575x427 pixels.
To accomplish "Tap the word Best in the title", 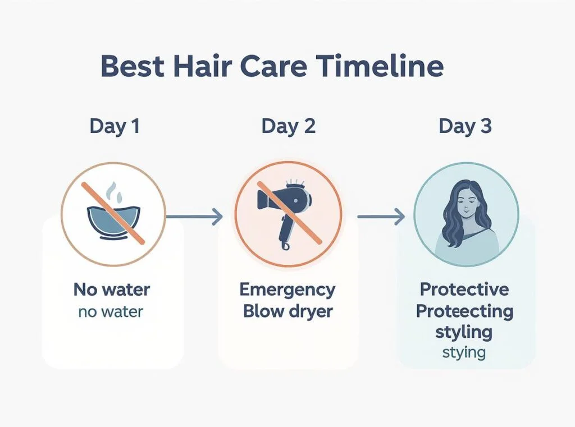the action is pyautogui.click(x=133, y=66).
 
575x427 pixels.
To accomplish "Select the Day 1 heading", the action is pyautogui.click(x=115, y=126).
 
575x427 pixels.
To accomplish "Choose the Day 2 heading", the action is pyautogui.click(x=288, y=126).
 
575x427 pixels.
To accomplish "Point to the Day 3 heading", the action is pyautogui.click(x=465, y=126).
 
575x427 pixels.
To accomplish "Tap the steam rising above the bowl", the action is pyautogui.click(x=113, y=193).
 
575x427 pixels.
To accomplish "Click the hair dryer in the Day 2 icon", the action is pyautogui.click(x=285, y=213).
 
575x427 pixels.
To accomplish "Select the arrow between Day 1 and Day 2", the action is pyautogui.click(x=194, y=217).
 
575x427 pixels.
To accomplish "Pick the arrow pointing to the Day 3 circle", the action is pyautogui.click(x=381, y=217).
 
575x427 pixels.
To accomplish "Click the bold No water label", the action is pyautogui.click(x=112, y=290).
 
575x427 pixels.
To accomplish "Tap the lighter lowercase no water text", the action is pyautogui.click(x=111, y=312).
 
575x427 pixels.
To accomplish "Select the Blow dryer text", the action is pyautogui.click(x=288, y=312).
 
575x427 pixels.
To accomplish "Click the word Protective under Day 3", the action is pyautogui.click(x=464, y=290).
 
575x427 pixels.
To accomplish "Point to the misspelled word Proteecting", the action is pyautogui.click(x=464, y=312).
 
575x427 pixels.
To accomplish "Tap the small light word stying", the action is pyautogui.click(x=464, y=353).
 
